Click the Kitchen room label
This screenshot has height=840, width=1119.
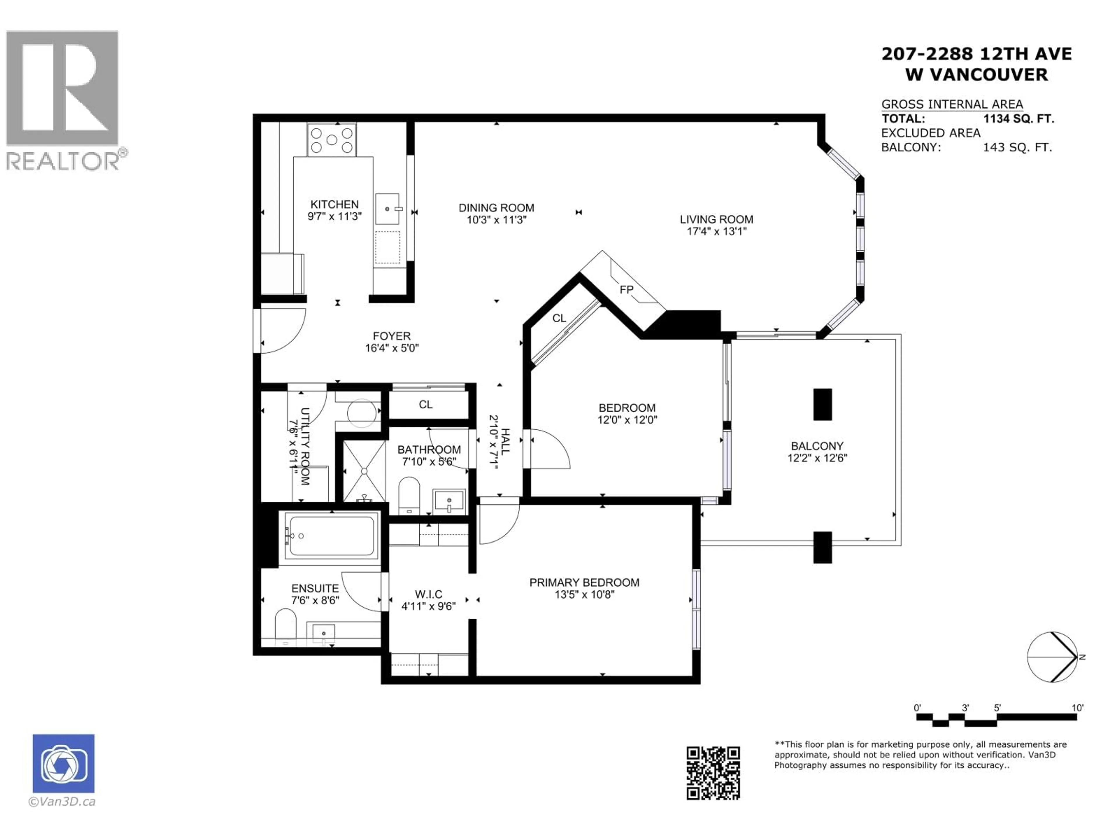334,204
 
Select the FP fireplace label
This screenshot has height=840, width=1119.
626,290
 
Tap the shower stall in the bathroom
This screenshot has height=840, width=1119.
364,471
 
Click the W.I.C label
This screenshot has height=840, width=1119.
428,594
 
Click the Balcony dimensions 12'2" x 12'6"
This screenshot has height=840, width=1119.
817,458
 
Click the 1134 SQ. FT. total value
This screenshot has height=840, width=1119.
1018,119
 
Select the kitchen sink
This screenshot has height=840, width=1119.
388,209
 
